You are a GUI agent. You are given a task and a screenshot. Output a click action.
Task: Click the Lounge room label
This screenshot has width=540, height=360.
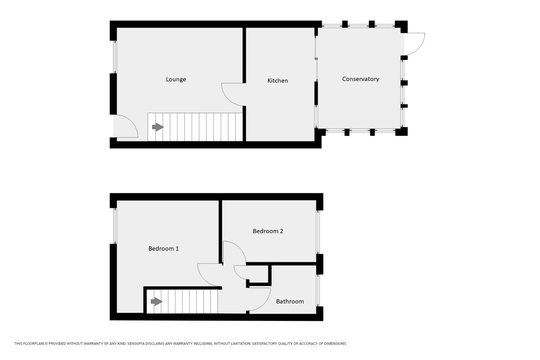(176, 79)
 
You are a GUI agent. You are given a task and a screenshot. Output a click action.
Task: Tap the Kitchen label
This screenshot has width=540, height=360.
(277, 81)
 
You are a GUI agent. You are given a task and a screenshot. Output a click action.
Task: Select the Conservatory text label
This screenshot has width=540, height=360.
(360, 79)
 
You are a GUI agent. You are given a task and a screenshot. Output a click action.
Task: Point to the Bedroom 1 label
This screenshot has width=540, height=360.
(163, 249)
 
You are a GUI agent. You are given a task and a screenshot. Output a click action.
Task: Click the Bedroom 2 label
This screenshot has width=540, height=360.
(268, 231)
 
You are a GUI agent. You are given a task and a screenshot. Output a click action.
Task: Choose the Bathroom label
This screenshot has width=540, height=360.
(290, 301)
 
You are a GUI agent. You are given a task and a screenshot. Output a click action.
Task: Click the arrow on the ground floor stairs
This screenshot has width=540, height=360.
(158, 127)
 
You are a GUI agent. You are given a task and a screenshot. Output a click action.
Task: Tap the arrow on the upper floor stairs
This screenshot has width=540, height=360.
(156, 301)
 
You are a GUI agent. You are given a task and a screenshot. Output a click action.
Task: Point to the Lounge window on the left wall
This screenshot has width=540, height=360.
(115, 57)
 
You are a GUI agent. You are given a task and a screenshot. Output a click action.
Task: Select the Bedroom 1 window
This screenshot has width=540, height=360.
(115, 226)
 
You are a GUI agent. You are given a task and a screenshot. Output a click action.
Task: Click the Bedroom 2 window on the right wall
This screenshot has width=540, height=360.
(318, 232)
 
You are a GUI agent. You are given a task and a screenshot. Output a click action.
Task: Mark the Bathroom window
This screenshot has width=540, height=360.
(318, 291)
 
